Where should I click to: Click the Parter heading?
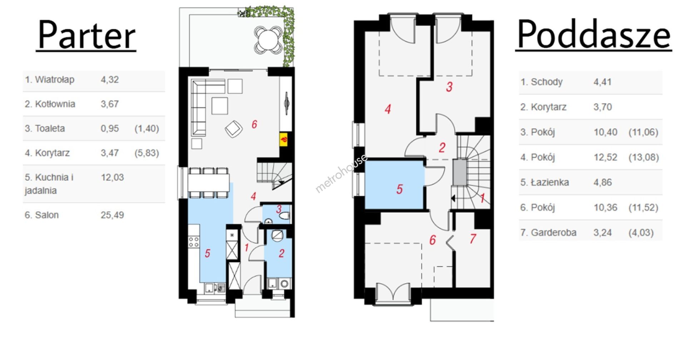pyautogui.click(x=86, y=35)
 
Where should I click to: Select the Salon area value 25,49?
pyautogui.click(x=112, y=215)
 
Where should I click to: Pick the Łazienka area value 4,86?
pyautogui.click(x=603, y=182)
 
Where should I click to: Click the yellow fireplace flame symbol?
pyautogui.click(x=284, y=139)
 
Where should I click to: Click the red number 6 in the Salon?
pyautogui.click(x=254, y=124)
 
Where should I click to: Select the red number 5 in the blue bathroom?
pyautogui.click(x=399, y=189)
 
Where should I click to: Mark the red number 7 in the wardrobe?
pyautogui.click(x=473, y=238)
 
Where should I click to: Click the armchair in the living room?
pyautogui.click(x=233, y=128)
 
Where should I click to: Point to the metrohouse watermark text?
pyautogui.click(x=341, y=173)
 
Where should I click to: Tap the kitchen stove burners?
pyautogui.click(x=194, y=242)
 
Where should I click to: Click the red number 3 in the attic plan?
pyautogui.click(x=449, y=87)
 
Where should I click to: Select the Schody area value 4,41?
pyautogui.click(x=602, y=82)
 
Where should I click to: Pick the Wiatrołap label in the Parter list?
pyautogui.click(x=49, y=79)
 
